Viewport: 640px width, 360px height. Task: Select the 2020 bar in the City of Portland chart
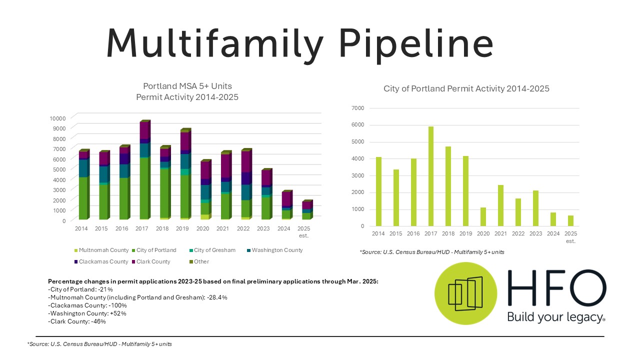483,216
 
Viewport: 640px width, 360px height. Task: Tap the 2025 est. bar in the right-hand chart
570,220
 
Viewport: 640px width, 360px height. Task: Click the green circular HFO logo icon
465,293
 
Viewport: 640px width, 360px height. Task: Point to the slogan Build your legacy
556,316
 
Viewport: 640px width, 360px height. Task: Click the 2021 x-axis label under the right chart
500,234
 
